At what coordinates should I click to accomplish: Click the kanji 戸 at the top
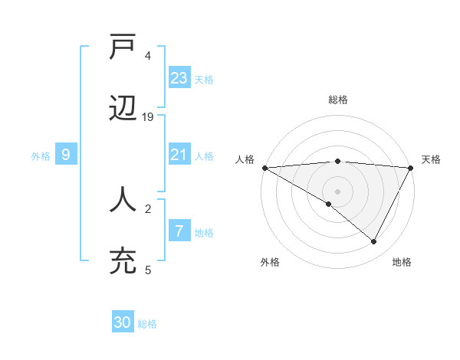[123, 48]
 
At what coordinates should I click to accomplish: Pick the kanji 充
[123, 261]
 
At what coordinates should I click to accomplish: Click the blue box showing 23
[179, 78]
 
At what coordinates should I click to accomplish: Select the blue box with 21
[179, 155]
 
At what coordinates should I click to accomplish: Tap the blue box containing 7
[179, 231]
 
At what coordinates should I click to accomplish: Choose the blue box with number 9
[66, 155]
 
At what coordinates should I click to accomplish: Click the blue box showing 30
[123, 323]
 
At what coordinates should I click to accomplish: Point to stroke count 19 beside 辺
[149, 117]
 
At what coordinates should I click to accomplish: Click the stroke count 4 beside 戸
[148, 56]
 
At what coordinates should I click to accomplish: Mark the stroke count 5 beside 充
[148, 270]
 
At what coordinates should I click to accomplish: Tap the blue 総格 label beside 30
[147, 324]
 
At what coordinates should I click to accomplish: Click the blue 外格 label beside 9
[41, 156]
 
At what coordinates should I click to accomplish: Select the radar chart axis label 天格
[432, 159]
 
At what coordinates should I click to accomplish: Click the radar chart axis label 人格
[245, 159]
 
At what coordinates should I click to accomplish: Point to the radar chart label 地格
[402, 262]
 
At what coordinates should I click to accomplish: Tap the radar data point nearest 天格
[411, 168]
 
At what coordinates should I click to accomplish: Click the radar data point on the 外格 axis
[329, 204]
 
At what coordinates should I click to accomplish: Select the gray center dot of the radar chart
[338, 191]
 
